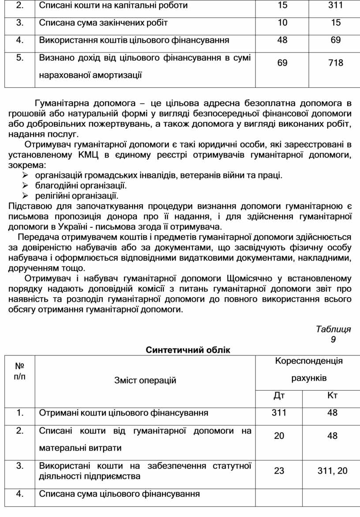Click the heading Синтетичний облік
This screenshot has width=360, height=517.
pos(187,350)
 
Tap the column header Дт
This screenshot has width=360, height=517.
pos(279,395)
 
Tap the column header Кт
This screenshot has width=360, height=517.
pos(332,395)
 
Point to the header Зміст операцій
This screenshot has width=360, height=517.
pos(145,380)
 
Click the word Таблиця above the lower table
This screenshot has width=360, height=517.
pos(333,329)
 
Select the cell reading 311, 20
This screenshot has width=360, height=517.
pos(332,471)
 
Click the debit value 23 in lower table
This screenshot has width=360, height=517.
pos(279,471)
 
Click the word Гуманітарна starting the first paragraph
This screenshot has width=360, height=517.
pos(61,104)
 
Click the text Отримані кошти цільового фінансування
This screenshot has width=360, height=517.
pos(124,413)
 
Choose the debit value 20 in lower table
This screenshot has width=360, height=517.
pos(279,436)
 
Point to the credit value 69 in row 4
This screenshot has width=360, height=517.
pos(335,41)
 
